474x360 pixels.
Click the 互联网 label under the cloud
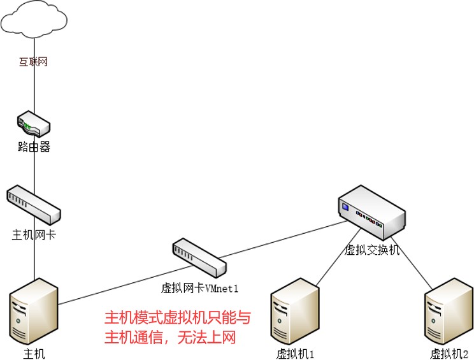point(33,62)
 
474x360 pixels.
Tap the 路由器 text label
point(34,147)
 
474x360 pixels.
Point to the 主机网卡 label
point(34,234)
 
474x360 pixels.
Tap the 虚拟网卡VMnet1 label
point(199,288)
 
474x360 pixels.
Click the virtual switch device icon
point(371,211)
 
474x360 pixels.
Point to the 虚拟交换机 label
point(371,250)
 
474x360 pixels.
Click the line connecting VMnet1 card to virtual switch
point(280,239)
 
